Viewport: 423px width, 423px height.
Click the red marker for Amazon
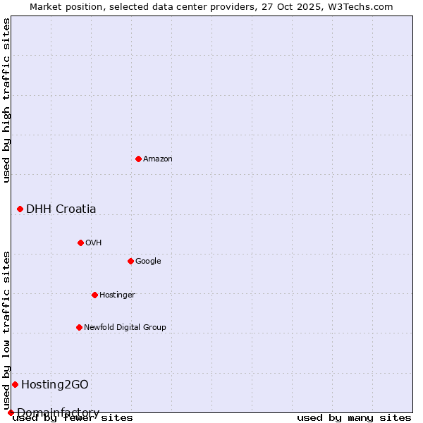(138, 159)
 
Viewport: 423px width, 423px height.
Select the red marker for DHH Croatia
(20, 209)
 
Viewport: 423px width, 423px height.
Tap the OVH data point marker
(80, 243)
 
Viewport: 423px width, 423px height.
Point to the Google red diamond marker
(130, 261)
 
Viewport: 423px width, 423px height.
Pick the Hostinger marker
(94, 295)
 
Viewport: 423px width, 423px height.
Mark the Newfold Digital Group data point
(79, 327)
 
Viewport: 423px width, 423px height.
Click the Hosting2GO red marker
(15, 384)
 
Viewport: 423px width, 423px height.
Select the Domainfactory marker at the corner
(11, 412)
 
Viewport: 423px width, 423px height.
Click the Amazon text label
(158, 159)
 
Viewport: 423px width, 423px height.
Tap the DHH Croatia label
(61, 209)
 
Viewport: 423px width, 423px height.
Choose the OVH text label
(94, 243)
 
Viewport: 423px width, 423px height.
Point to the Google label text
(148, 261)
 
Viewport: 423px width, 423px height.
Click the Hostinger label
(117, 295)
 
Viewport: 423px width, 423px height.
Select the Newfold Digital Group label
(125, 327)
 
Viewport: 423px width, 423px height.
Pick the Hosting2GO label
(55, 384)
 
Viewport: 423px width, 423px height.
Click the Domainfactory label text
(58, 412)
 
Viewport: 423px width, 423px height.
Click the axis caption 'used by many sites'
(354, 418)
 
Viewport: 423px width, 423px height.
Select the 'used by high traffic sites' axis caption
(7, 100)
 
